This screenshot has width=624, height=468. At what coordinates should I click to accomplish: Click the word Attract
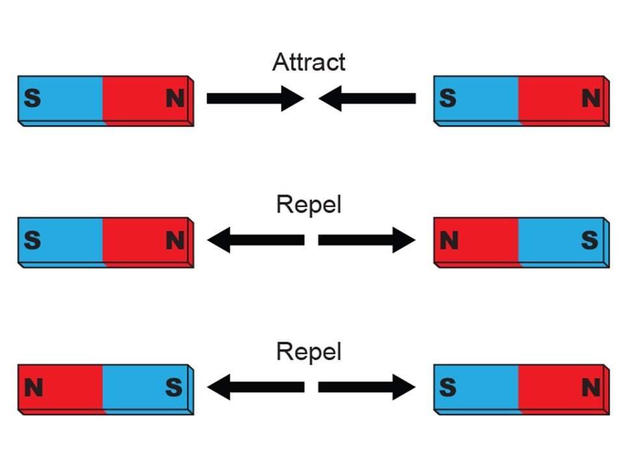click(309, 62)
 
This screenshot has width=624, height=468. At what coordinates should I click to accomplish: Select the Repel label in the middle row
click(309, 205)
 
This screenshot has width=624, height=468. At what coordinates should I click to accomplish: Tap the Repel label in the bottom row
click(309, 352)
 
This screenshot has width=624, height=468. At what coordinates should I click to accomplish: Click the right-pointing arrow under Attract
click(255, 98)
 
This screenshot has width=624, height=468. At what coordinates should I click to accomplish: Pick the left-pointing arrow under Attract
click(367, 98)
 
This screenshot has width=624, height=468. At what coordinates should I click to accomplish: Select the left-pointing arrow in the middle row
click(256, 240)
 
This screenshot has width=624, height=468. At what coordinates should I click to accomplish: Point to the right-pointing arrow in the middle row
click(367, 240)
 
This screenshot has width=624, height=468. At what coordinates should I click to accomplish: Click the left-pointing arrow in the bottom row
click(256, 387)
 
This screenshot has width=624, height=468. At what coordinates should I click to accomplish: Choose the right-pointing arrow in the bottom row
click(367, 387)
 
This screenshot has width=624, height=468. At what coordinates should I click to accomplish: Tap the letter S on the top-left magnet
click(32, 98)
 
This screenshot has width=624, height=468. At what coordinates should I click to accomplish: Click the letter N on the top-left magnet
click(175, 98)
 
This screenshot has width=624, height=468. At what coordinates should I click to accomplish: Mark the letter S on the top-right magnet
click(448, 98)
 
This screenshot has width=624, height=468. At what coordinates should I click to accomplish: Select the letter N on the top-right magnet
click(591, 98)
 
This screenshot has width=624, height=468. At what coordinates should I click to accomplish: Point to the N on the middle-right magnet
click(449, 240)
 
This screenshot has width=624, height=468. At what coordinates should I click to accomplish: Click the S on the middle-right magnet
click(590, 240)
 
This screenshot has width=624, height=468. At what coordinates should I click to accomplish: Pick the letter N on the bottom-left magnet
click(33, 387)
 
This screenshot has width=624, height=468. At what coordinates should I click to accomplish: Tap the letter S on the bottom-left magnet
click(174, 387)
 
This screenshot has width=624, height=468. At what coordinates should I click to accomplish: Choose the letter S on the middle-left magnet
click(32, 240)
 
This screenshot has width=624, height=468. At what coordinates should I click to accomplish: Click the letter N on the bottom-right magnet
click(591, 387)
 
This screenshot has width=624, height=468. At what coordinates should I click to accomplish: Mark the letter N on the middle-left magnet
click(175, 240)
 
